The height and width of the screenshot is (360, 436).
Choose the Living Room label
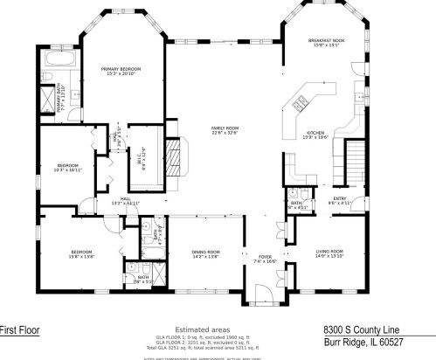[x=329, y=254]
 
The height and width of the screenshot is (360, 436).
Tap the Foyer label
[x=265, y=259]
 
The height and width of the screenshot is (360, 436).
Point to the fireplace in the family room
[x=176, y=158]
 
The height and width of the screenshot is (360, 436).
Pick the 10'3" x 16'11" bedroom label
[x=68, y=168]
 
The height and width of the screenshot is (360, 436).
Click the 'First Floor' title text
[x=19, y=330]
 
